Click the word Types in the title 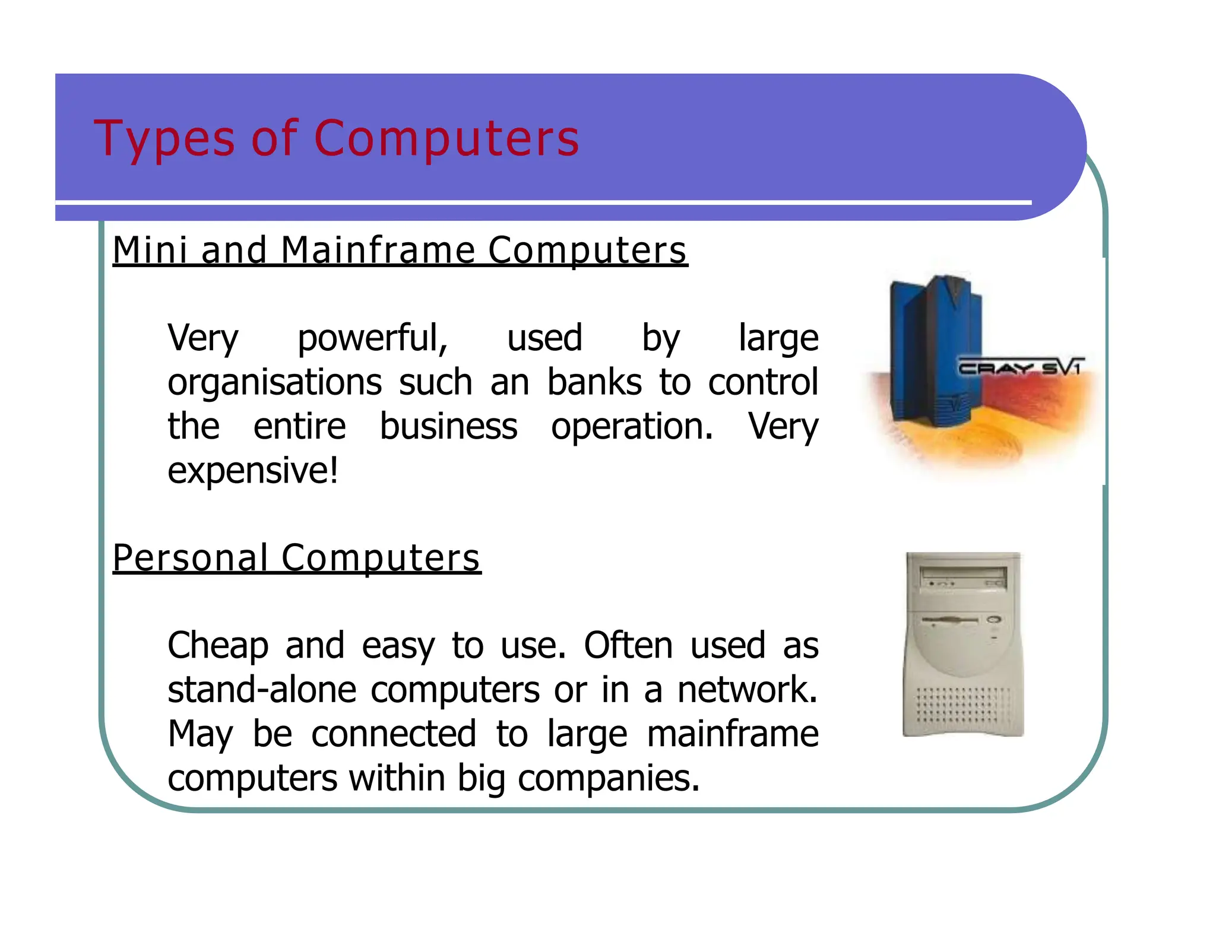[164, 139]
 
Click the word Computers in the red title [446, 139]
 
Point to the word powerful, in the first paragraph [372, 338]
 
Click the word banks [594, 382]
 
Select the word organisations [274, 382]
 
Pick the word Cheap [218, 645]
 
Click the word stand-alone [261, 690]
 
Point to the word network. [747, 690]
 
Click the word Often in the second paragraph [628, 645]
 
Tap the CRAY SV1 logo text [1020, 368]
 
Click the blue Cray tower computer [932, 350]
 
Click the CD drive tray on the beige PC [962, 574]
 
